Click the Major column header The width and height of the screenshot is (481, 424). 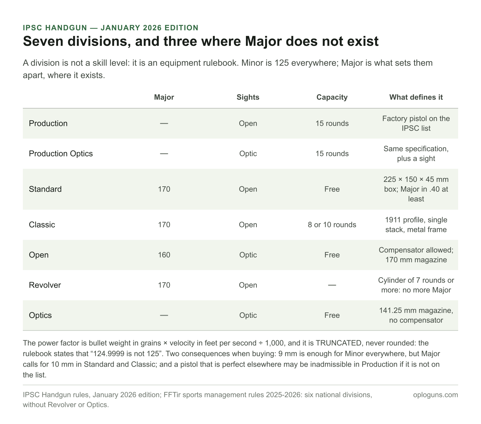[x=164, y=97]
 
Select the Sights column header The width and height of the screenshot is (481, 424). [x=248, y=97]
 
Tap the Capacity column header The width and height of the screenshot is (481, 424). [x=332, y=97]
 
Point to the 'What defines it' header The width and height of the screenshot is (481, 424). [x=416, y=97]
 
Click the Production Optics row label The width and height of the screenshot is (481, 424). [x=61, y=154]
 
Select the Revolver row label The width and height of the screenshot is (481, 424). [x=45, y=285]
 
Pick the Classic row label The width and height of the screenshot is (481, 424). [x=42, y=225]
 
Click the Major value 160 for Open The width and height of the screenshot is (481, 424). [x=164, y=255]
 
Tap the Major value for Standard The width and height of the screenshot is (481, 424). [x=164, y=189]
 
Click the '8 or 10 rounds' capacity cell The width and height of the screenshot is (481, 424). [x=332, y=225]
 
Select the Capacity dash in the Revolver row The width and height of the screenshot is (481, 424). [x=332, y=285]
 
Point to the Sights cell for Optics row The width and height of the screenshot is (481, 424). [x=248, y=315]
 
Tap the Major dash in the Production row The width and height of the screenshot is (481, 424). [x=164, y=123]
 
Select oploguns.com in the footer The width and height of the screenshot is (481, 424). [x=436, y=395]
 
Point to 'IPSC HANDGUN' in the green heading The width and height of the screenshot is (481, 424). [x=55, y=28]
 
